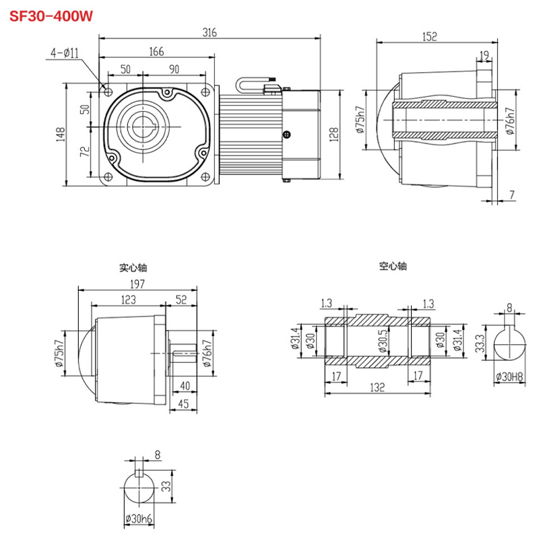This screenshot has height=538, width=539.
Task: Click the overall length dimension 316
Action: [x=209, y=32]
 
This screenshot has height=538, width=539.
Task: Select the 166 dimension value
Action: [x=156, y=51]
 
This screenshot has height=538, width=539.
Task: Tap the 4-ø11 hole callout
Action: [x=65, y=51]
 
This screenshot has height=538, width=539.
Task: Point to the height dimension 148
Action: [x=61, y=134]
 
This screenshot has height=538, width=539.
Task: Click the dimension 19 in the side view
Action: [x=484, y=55]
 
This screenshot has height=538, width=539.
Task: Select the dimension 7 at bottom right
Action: [x=512, y=195]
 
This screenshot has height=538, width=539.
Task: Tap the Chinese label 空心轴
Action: [x=393, y=267]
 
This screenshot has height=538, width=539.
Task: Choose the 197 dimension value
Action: [x=138, y=283]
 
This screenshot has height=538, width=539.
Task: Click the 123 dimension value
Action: [x=129, y=299]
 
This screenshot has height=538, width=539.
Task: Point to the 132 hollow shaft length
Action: [x=377, y=389]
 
